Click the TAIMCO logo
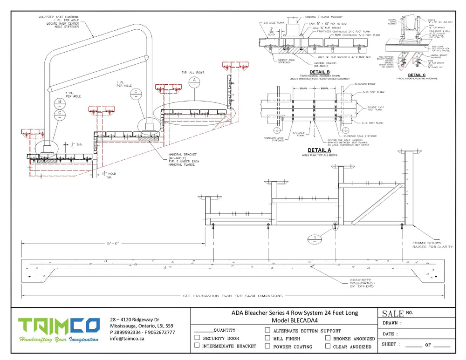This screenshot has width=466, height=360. click(59, 330)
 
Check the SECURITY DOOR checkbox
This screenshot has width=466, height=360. click(197, 338)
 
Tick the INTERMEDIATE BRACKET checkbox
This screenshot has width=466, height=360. click(197, 346)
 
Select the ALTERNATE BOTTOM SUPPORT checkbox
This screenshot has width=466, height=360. click(267, 330)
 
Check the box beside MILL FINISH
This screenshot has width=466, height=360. click(267, 338)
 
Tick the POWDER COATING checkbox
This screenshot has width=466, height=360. click(267, 346)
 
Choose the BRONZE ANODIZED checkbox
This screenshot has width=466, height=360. click(328, 338)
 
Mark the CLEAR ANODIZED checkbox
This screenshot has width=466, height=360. click(328, 346)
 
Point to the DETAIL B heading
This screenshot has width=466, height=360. click(319, 72)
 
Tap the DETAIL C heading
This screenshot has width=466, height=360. click(416, 75)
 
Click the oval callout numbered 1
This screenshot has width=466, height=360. click(315, 239)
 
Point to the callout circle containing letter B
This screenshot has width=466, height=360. click(60, 102)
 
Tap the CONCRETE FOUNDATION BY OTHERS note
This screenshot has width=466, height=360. click(362, 283)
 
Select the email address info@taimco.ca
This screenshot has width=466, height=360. click(127, 339)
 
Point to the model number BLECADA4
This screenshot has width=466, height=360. click(295, 320)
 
